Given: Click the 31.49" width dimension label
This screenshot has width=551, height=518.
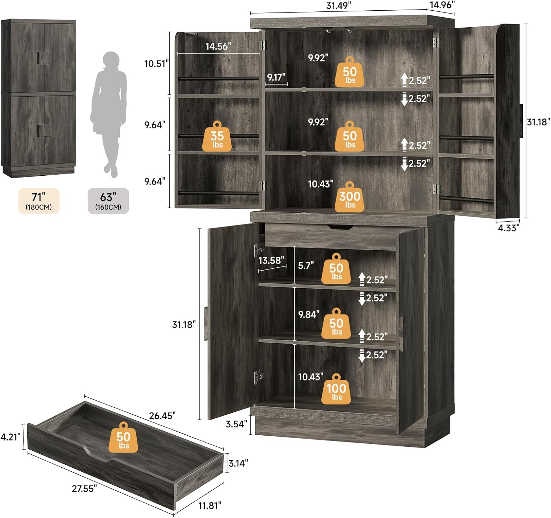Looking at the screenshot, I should click(x=338, y=6).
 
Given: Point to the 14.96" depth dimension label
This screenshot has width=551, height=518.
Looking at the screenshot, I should click(x=442, y=4).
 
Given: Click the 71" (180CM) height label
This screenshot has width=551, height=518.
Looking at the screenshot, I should click(x=39, y=201).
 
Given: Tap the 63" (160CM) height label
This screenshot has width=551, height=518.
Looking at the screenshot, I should click(x=108, y=201).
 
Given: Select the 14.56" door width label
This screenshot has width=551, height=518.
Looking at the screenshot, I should click(x=218, y=46).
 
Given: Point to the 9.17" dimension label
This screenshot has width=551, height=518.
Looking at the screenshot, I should click(x=276, y=77).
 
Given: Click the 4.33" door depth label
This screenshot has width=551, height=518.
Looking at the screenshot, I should click(x=509, y=228).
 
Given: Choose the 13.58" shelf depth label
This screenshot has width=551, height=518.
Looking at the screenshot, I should click(x=271, y=261).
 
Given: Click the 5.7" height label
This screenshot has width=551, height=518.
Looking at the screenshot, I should click(x=306, y=265).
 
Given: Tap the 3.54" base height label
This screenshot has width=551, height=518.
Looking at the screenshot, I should click(x=237, y=424).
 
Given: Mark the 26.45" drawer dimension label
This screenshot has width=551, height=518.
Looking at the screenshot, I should click(x=162, y=415).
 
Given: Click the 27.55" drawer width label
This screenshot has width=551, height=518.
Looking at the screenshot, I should click(x=84, y=488).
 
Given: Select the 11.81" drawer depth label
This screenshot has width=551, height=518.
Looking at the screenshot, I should click(x=210, y=506).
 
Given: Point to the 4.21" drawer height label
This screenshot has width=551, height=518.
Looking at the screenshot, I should click(x=11, y=437).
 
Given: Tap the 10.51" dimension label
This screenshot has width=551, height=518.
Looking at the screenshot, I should click(x=156, y=64).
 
